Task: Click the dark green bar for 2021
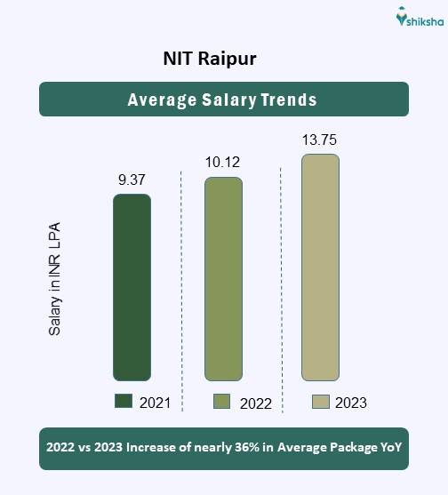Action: (x=132, y=287)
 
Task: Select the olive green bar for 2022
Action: (x=223, y=279)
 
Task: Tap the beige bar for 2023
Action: (x=320, y=267)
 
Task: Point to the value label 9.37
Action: (x=132, y=180)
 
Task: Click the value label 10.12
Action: (x=222, y=163)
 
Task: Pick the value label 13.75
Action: (x=320, y=140)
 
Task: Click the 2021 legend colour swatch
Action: (x=124, y=402)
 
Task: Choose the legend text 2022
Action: (x=255, y=403)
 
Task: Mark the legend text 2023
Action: (x=351, y=403)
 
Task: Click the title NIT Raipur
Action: (x=211, y=60)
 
